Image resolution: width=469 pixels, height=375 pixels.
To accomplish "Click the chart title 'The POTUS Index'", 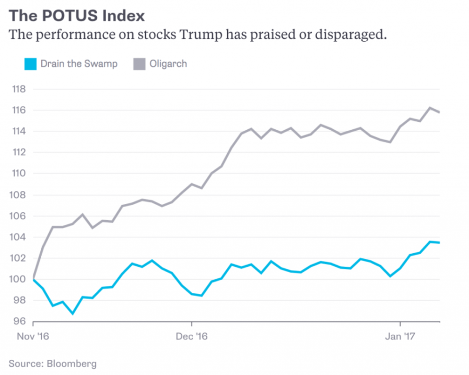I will coord(77,16).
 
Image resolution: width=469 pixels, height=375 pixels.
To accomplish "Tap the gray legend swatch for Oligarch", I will coord(139,64).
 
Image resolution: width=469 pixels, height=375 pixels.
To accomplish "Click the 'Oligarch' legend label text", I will coord(168,64).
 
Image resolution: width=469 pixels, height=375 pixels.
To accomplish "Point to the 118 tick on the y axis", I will coord(19,89).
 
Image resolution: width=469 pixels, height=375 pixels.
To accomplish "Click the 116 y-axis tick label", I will coord(19,110).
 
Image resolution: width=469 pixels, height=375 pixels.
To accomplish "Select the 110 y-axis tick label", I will coord(19,174).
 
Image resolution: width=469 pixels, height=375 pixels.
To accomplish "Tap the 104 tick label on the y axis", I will coord(19,237).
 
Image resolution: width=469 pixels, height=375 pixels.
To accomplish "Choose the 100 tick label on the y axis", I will coord(19,279).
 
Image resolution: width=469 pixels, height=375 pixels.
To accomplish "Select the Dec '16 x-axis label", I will coord(192,337).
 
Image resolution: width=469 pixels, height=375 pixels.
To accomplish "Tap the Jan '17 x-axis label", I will coord(400,337).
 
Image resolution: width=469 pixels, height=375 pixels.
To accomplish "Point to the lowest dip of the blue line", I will coord(73,314).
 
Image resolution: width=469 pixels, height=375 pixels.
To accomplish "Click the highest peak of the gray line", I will coord(429,108).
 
